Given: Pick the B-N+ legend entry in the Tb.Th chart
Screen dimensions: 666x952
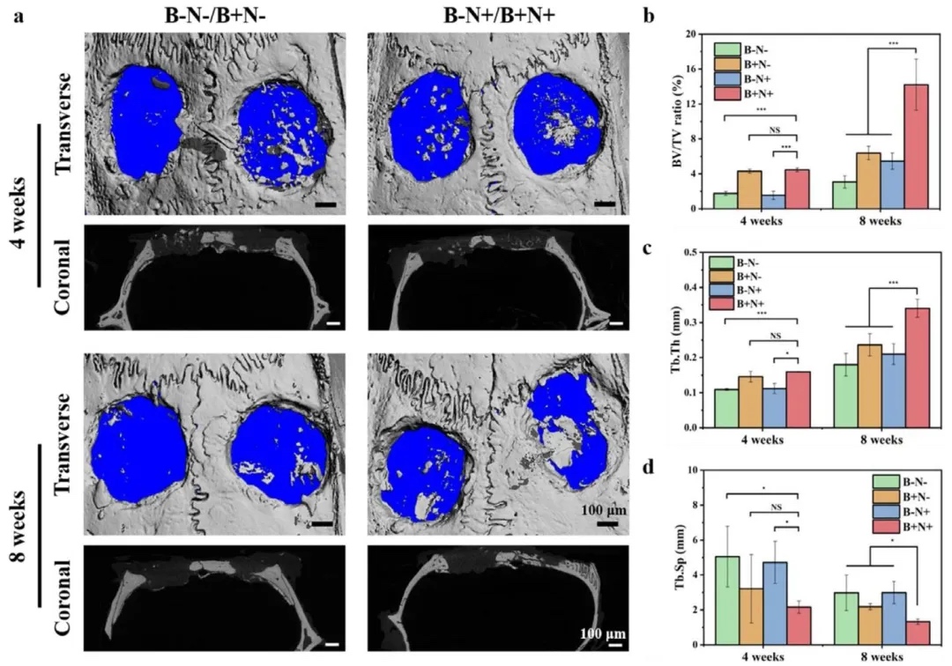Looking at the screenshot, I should click(746, 289).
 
